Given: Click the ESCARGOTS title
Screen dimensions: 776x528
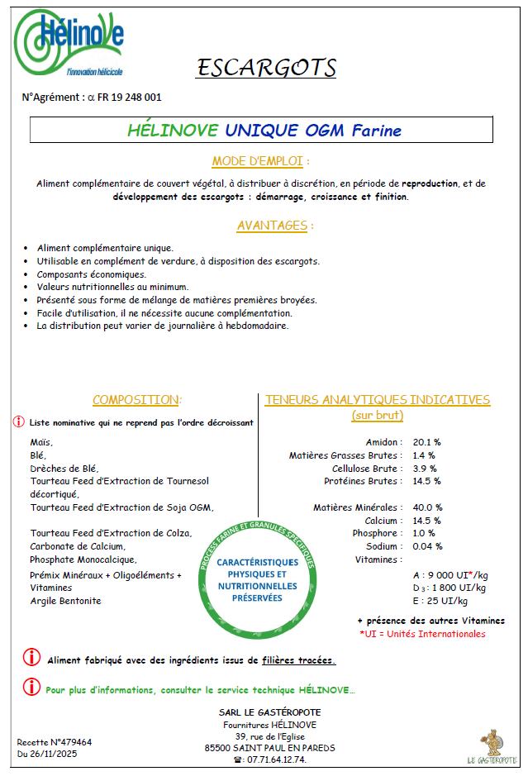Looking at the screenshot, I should click(x=266, y=67).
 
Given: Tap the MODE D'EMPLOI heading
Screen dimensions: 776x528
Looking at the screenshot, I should click(x=261, y=161).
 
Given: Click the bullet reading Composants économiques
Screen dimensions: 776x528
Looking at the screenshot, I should click(x=92, y=274).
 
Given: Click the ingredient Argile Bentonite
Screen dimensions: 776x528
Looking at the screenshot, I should click(x=66, y=601).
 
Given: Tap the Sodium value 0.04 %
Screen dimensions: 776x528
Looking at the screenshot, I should click(x=428, y=546).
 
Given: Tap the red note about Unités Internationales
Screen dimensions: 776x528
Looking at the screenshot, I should click(x=422, y=634).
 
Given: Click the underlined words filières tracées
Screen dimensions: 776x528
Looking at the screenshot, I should click(x=298, y=661).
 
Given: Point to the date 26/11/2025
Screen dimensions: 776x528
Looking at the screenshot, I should click(x=63, y=754).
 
